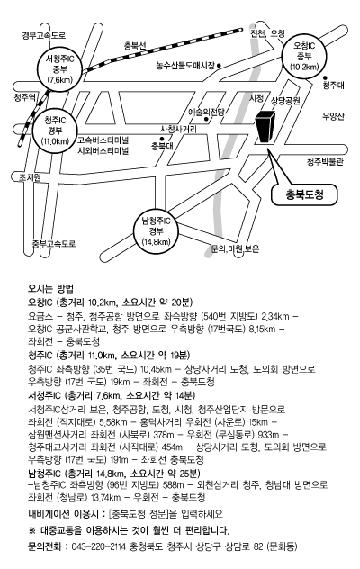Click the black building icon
click(265, 127)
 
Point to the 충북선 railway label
click(135, 45)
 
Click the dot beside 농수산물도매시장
click(219, 66)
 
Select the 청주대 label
click(334, 86)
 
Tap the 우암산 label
click(333, 116)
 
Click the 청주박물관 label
click(325, 162)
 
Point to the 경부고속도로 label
click(44, 36)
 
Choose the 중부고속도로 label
click(54, 244)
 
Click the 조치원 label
click(30, 177)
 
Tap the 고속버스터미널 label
click(103, 140)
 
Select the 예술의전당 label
click(206, 112)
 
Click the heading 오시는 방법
click(50, 289)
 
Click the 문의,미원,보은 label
click(235, 249)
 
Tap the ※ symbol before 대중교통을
click(31, 530)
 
